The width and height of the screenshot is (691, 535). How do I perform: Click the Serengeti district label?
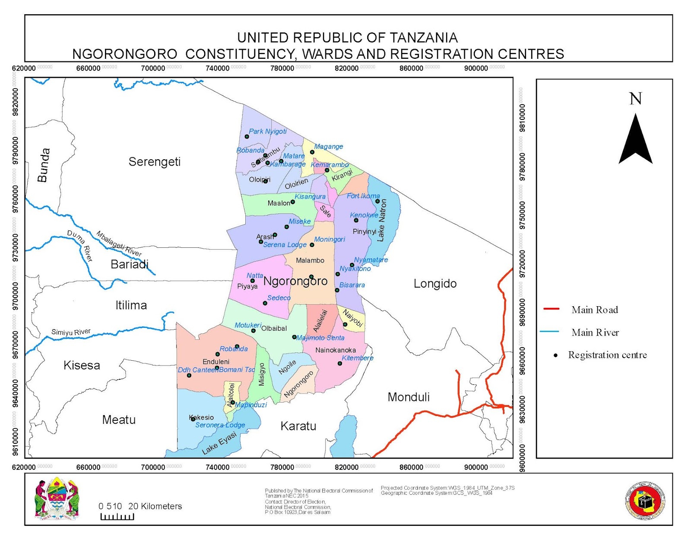click(155, 162)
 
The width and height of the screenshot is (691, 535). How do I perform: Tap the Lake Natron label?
click(381, 220)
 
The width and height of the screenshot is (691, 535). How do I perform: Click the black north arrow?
click(635, 139)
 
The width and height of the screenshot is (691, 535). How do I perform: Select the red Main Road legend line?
click(552, 309)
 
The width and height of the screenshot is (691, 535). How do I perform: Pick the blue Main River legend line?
click(549, 332)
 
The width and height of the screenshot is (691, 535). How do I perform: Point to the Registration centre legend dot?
click(556, 356)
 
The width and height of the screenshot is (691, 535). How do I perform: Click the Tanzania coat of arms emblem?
click(57, 499)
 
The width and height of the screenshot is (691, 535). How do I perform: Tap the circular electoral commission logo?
click(645, 501)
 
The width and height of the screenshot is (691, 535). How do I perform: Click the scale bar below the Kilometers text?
click(117, 516)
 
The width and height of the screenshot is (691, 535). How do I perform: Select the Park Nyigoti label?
click(267, 131)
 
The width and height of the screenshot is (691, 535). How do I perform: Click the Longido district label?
click(435, 284)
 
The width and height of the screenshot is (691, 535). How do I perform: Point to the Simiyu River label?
click(71, 332)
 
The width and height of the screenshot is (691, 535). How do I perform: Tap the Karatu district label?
click(298, 426)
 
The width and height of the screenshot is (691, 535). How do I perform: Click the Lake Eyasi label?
click(219, 443)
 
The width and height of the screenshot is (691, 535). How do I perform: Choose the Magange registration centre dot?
click(312, 152)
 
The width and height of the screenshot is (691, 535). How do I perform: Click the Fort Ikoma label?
click(363, 196)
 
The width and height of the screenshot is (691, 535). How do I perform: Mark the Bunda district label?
click(44, 165)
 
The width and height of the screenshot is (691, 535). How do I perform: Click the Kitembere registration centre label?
click(357, 358)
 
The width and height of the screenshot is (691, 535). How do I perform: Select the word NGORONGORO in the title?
click(124, 54)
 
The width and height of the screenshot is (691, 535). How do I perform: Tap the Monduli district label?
click(409, 397)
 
